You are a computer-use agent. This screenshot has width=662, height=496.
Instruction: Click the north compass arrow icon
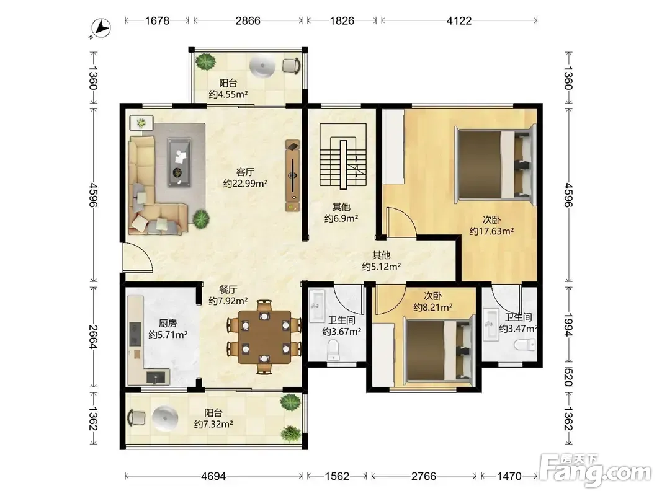(x=101, y=29)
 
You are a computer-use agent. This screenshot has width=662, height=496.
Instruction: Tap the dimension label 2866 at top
(x=248, y=20)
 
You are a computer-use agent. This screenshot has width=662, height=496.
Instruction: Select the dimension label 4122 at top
(x=459, y=20)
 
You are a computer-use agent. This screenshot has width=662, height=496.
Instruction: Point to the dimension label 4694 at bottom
(x=213, y=476)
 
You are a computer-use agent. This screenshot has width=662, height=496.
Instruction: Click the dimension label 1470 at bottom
(x=509, y=476)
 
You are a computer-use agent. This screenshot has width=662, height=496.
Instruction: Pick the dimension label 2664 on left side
(x=93, y=337)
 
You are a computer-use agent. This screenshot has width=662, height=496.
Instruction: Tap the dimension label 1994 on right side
(x=568, y=325)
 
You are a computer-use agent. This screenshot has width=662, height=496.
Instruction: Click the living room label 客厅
(x=245, y=172)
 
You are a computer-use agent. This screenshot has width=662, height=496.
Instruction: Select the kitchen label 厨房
(x=168, y=324)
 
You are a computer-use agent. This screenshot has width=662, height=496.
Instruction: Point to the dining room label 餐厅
(x=228, y=290)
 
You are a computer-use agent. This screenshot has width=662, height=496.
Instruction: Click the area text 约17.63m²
(x=491, y=231)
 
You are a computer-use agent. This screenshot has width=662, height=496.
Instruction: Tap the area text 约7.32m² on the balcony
(x=213, y=424)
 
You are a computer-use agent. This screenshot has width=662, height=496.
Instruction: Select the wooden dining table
(x=265, y=337)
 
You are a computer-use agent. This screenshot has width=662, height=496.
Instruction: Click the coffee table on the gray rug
(x=179, y=162)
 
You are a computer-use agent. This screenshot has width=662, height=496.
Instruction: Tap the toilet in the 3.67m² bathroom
(x=334, y=350)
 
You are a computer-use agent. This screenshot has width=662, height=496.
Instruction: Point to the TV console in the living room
(x=293, y=176)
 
